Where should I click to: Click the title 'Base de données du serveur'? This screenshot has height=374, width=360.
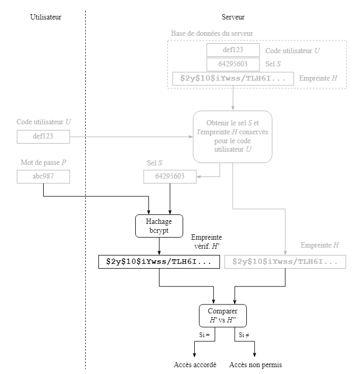[x=212, y=33]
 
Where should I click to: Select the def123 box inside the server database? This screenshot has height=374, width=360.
[x=233, y=50]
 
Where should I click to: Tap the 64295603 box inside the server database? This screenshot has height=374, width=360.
[x=233, y=64]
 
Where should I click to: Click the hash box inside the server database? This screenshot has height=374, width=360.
[x=233, y=78]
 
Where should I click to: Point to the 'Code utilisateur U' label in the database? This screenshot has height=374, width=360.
[x=293, y=51]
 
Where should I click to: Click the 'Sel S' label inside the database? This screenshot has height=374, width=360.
[x=273, y=64]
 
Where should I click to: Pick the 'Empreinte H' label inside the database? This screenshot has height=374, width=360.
[x=318, y=78]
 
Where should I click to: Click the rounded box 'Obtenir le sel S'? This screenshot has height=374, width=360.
[x=233, y=136]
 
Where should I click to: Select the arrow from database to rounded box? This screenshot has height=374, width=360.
[x=233, y=99]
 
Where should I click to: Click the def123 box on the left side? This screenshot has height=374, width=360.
[x=43, y=136]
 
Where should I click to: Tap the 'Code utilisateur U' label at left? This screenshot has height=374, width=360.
[x=44, y=122]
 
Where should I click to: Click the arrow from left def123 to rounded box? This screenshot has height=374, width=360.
[x=132, y=137]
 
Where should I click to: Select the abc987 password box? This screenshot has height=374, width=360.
[x=43, y=176]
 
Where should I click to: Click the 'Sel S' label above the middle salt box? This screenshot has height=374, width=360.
[x=154, y=163]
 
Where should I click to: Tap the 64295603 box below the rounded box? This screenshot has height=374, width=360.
[x=169, y=176]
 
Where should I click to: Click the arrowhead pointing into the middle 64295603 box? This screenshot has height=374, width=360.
[x=199, y=177]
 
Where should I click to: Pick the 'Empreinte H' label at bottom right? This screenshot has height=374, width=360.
[x=319, y=245]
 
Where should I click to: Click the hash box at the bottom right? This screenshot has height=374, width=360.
[x=285, y=262]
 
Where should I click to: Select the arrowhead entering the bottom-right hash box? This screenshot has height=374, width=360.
[x=285, y=253]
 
